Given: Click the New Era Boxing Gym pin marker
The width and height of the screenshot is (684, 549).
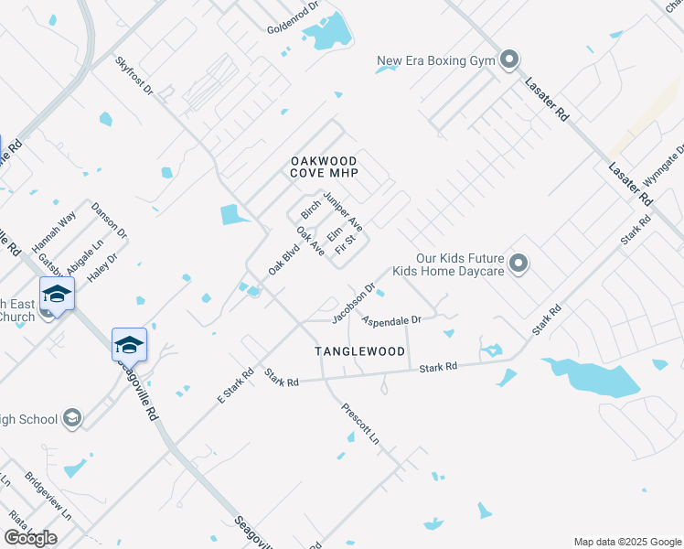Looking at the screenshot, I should click(x=509, y=61).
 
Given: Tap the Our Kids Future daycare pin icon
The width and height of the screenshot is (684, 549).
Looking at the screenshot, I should click(x=518, y=264).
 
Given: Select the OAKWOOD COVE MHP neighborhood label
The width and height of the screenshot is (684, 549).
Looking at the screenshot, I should click(x=324, y=167).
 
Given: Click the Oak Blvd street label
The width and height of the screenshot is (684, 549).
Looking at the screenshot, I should click(x=284, y=257).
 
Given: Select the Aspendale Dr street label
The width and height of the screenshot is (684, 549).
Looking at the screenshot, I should click(x=390, y=320).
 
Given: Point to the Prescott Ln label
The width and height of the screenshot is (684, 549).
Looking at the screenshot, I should click(x=360, y=424).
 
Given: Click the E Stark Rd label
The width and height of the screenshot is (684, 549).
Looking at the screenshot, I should click(x=235, y=385).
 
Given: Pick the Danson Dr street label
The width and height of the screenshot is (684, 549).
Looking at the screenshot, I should click(x=109, y=221).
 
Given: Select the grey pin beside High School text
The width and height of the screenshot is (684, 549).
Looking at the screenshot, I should click(x=73, y=419).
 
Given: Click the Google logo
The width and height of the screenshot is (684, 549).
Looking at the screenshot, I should click(x=30, y=538).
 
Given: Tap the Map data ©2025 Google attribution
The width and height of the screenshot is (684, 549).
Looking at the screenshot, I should click(x=626, y=541).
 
